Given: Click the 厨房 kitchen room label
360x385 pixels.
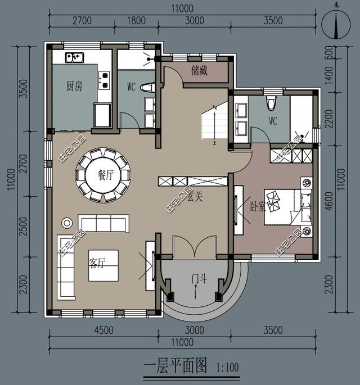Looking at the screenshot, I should click(x=74, y=86).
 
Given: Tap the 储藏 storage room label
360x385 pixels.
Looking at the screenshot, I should click(x=200, y=71).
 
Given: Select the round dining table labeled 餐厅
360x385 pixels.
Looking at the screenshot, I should click(x=103, y=175).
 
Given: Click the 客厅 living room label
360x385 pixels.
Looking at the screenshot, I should click(x=97, y=263).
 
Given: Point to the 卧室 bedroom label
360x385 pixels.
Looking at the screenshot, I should click(x=258, y=206).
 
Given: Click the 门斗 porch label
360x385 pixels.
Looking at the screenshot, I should click(x=197, y=277).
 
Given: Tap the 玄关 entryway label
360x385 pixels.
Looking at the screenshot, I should click(x=195, y=197).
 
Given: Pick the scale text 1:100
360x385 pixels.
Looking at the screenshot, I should click(x=227, y=368).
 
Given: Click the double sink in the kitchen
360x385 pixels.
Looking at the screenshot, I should click(x=74, y=57).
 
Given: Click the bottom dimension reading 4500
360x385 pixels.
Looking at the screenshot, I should click(x=103, y=330).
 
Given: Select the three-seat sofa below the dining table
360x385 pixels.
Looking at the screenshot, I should click(x=103, y=223).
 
